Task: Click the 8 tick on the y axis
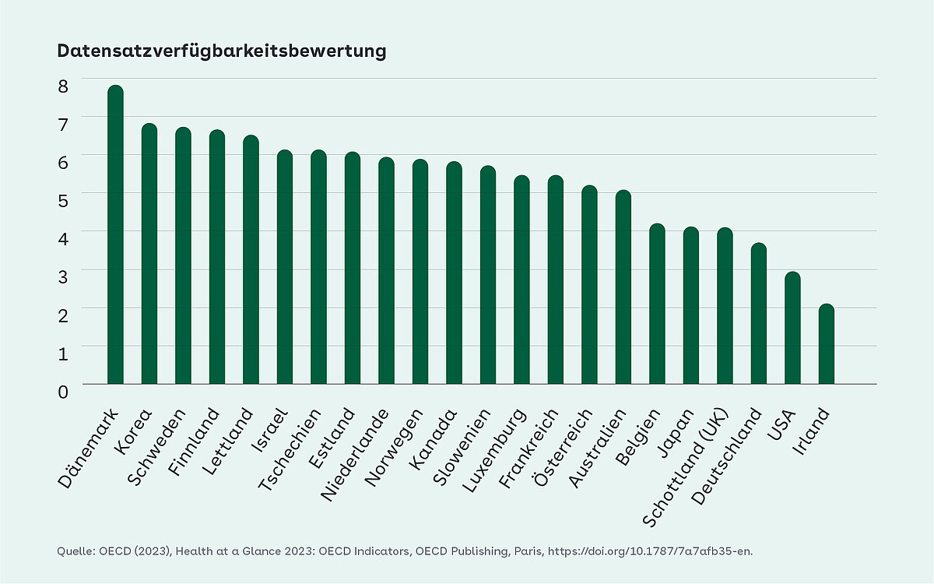click(63, 85)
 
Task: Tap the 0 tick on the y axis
click(63, 391)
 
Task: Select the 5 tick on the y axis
click(63, 200)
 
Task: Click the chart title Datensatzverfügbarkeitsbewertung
click(222, 51)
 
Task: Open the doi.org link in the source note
click(651, 551)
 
